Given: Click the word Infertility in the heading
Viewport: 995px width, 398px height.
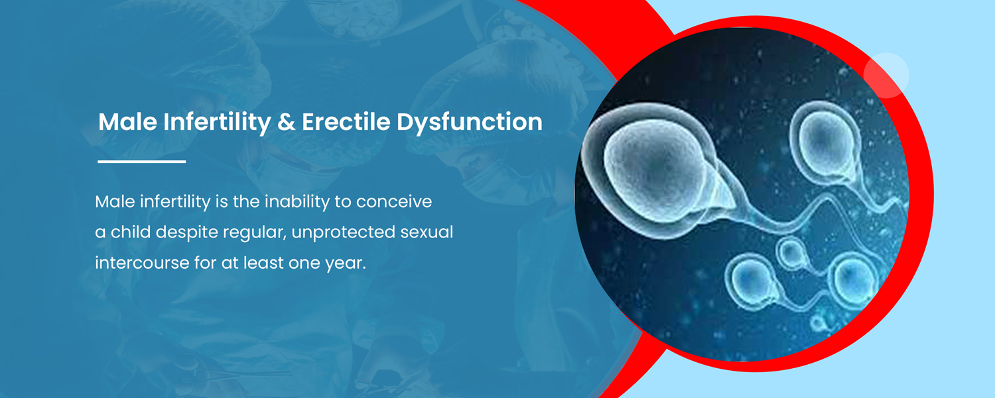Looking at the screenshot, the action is coord(217,121).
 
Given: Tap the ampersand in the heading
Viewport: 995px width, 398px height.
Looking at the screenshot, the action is coord(287,122).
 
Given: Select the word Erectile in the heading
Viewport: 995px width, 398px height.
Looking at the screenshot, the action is coord(346,121).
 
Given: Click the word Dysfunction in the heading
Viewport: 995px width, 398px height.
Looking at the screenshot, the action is coord(470,122).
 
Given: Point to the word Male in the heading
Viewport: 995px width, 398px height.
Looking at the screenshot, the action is coord(127,121).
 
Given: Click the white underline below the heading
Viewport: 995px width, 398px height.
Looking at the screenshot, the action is coord(142,161).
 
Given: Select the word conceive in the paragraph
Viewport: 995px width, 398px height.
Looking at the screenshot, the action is coord(394,202).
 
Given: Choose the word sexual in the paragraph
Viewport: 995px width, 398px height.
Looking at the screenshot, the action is coord(427,232).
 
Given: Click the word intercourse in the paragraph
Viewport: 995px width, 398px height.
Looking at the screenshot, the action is coord(142,263).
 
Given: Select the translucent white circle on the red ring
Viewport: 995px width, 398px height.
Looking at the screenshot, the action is coord(886,75).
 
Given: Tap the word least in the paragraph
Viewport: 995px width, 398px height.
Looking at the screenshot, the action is coord(263,263).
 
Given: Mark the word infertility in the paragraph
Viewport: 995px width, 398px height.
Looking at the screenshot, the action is coord(175,202).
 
